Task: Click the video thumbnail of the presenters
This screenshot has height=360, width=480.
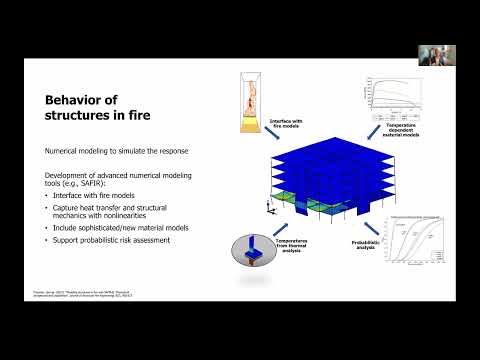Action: point(436,55)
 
